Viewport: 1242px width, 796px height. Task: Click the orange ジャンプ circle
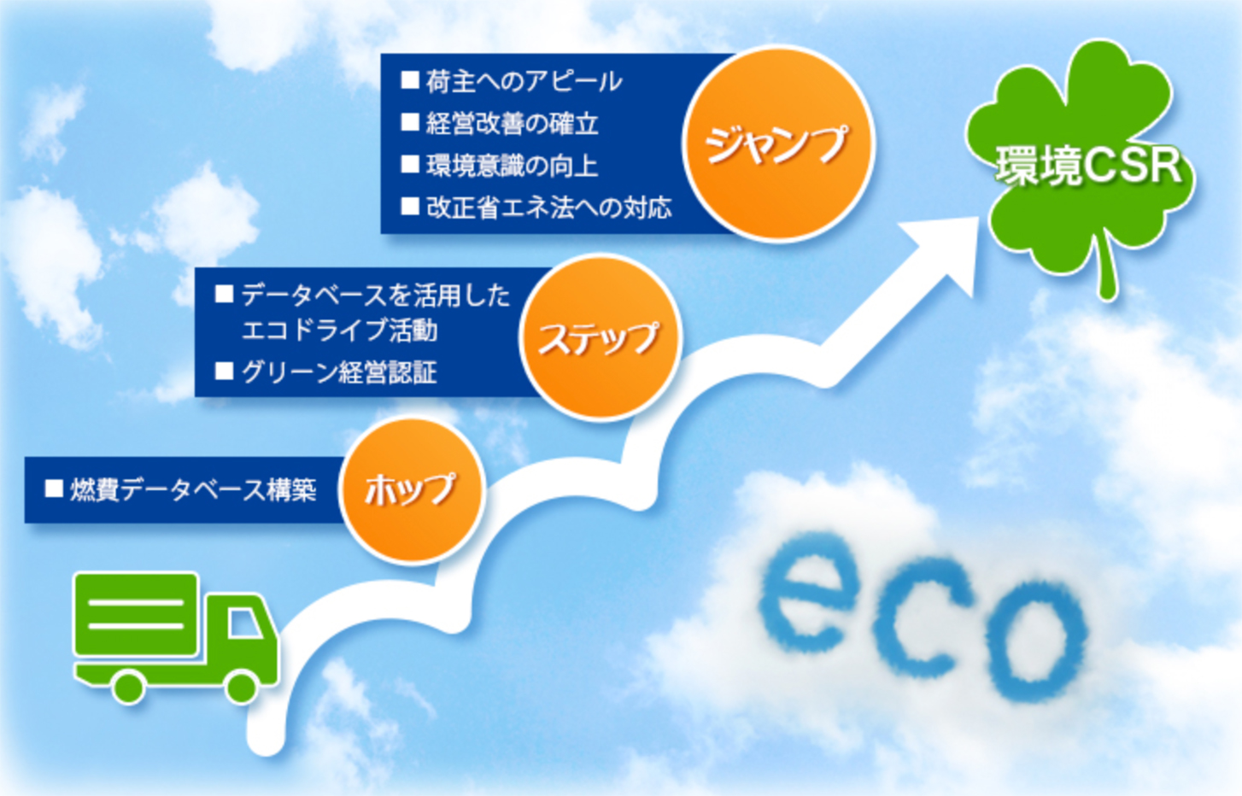778,143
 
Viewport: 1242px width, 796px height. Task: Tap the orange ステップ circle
600,337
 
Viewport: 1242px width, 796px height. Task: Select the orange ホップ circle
412,491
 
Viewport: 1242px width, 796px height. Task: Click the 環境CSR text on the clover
1088,165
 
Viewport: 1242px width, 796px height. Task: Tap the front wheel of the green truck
242,687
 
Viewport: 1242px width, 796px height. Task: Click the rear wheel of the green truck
129,687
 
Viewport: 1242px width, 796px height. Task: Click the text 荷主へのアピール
524,81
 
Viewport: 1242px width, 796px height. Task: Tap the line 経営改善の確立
513,124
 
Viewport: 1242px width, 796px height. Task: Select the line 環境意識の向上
513,165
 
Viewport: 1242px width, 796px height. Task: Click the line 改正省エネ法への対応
549,208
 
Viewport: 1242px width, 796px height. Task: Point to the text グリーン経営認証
339,372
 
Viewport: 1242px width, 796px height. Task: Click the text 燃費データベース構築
193,490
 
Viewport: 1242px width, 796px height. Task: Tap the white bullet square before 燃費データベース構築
54,489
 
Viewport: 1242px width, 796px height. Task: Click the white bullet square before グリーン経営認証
224,372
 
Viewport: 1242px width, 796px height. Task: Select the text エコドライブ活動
339,331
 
